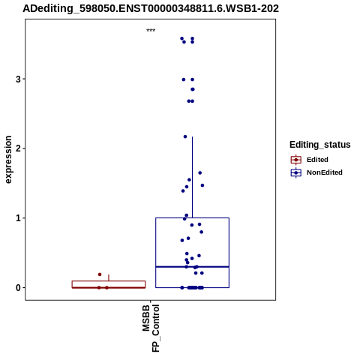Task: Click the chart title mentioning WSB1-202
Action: click(x=151, y=8)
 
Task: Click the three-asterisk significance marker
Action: click(x=151, y=31)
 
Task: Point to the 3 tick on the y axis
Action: click(x=18, y=79)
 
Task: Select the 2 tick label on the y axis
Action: click(x=18, y=148)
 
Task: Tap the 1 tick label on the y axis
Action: click(x=18, y=218)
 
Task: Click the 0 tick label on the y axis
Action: click(x=18, y=287)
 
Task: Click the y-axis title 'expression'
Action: click(x=8, y=160)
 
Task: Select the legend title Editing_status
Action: click(x=320, y=145)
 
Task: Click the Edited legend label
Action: click(x=317, y=160)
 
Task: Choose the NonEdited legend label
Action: click(x=325, y=172)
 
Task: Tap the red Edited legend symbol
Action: click(x=296, y=160)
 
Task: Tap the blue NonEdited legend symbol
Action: click(x=296, y=172)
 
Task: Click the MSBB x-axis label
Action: click(x=146, y=318)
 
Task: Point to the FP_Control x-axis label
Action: click(x=155, y=328)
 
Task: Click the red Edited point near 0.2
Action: click(x=100, y=274)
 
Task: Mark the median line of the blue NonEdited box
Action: click(x=192, y=267)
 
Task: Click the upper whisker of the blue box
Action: click(x=192, y=177)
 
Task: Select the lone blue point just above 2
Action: click(x=185, y=136)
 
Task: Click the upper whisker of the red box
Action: click(x=109, y=277)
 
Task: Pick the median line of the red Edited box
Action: click(x=109, y=287)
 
